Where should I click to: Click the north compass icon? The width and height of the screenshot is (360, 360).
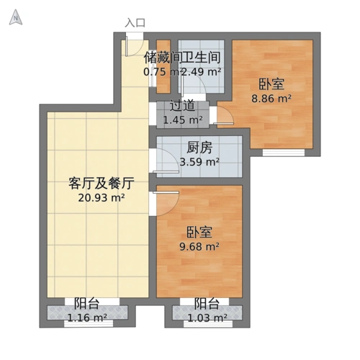click(14, 19)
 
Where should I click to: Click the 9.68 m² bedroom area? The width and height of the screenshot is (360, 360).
click(199, 247)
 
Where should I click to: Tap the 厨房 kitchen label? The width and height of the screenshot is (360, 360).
click(199, 148)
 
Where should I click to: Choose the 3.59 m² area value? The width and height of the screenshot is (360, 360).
click(199, 162)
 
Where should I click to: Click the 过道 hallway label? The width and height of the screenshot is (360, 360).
click(182, 106)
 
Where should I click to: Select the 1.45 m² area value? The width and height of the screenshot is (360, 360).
click(182, 120)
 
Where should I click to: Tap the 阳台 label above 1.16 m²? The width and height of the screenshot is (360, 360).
click(86, 303)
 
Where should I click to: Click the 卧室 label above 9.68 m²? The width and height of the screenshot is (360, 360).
click(199, 233)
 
